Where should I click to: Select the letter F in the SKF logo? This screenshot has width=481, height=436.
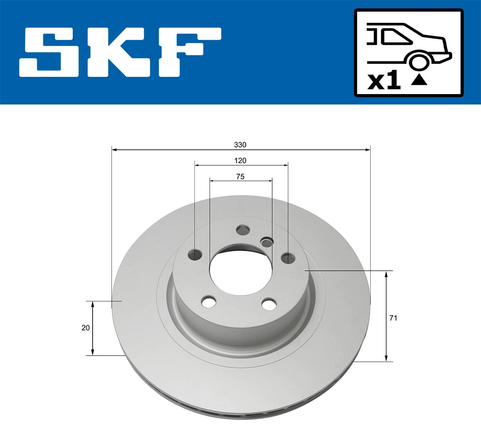(188, 52)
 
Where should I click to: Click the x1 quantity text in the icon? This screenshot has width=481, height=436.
(384, 81)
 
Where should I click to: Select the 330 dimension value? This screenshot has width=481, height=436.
(240, 145)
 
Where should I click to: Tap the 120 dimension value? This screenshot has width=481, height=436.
(240, 161)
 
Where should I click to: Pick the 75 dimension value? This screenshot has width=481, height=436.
(240, 177)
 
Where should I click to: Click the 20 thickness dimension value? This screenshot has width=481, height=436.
(85, 328)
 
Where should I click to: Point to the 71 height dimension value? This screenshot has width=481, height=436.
(393, 318)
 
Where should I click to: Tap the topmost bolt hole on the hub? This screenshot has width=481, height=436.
(243, 230)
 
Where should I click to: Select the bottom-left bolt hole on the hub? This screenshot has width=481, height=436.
(209, 302)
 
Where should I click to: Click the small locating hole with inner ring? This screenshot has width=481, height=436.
(266, 242)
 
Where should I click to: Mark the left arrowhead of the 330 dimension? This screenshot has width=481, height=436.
(114, 150)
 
